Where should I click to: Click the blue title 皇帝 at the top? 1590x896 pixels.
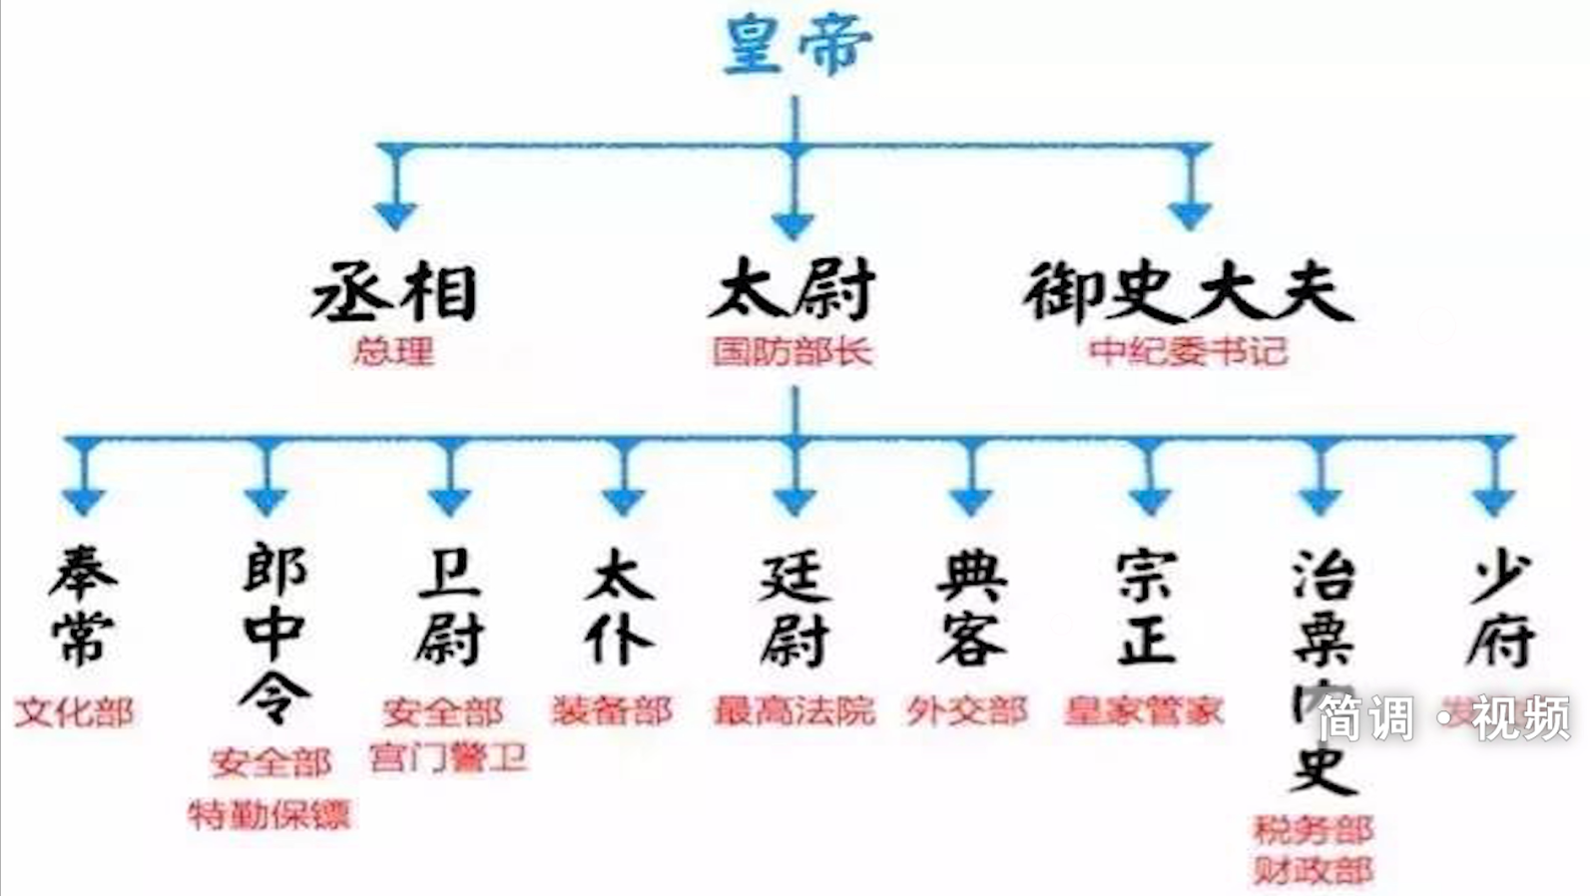pyautogui.click(x=796, y=45)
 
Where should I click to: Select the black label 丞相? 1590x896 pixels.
pyautogui.click(x=395, y=291)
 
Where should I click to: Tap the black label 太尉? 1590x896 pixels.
pyautogui.click(x=793, y=289)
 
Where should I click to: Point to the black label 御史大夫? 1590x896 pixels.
pyautogui.click(x=1188, y=291)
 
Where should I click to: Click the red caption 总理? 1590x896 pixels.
pyautogui.click(x=393, y=351)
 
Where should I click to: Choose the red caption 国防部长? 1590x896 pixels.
pyautogui.click(x=793, y=351)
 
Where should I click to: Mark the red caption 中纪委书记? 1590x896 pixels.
pyautogui.click(x=1188, y=351)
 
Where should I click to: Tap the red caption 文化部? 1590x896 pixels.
pyautogui.click(x=74, y=712)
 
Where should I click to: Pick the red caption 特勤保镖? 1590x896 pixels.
pyautogui.click(x=269, y=815)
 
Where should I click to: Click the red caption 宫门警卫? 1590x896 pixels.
pyautogui.click(x=447, y=757)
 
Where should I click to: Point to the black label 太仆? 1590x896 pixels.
pyautogui.click(x=621, y=606)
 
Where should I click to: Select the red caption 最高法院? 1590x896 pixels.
pyautogui.click(x=795, y=710)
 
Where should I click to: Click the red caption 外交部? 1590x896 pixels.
pyautogui.click(x=967, y=710)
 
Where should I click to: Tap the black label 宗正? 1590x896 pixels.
pyautogui.click(x=1146, y=606)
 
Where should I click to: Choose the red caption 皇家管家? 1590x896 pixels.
pyautogui.click(x=1144, y=710)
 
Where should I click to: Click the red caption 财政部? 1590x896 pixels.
pyautogui.click(x=1314, y=870)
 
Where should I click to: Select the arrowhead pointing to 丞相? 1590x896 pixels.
pyautogui.click(x=395, y=215)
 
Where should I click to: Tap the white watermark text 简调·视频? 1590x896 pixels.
pyautogui.click(x=1443, y=718)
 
